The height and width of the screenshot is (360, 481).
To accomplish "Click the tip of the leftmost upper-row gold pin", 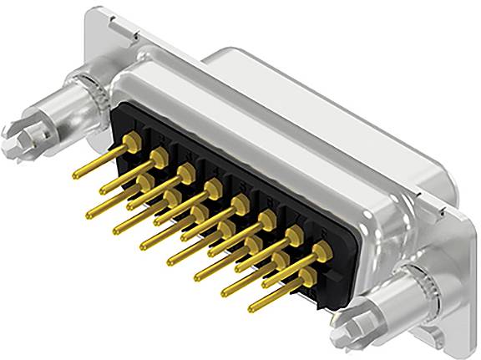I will [76, 175].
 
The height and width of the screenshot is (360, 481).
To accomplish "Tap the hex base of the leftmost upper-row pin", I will [130, 142].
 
